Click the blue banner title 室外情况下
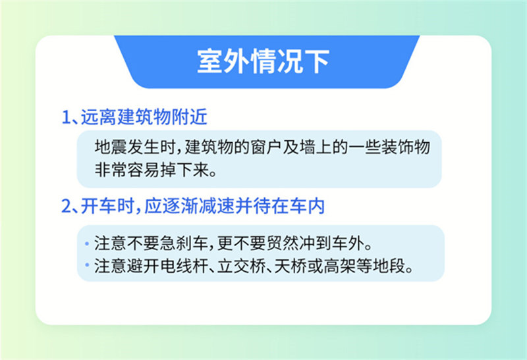[263, 61]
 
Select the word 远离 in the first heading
[98, 117]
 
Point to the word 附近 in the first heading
[189, 117]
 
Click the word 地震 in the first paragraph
[110, 147]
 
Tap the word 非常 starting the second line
[110, 170]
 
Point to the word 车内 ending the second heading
[307, 206]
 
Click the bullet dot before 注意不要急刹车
[87, 244]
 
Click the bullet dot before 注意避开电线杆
[87, 265]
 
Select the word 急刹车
[184, 243]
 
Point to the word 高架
[339, 267]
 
